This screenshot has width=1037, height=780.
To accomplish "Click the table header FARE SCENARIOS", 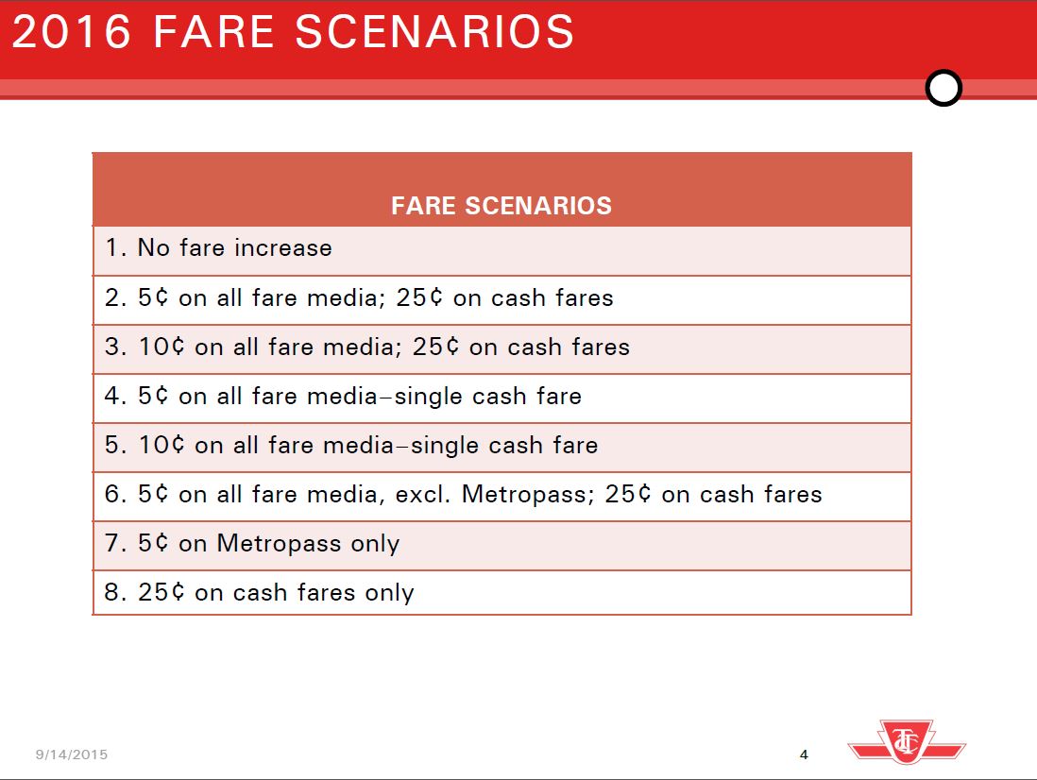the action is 501,206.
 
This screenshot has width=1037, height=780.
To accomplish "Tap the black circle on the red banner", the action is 943,88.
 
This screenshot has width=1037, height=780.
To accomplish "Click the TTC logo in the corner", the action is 907,741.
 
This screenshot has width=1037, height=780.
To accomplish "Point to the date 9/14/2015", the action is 72,755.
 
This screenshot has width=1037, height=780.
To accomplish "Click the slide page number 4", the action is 804,755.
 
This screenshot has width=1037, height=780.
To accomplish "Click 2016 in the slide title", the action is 72,32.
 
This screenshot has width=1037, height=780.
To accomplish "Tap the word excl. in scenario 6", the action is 422,495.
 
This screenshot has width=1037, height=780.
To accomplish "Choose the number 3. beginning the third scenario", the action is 116,348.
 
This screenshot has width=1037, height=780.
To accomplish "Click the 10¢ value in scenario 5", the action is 161,445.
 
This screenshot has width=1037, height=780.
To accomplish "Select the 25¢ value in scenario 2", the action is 419,298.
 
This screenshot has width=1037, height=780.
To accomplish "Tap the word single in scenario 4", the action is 428,397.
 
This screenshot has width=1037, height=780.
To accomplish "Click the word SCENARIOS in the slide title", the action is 434,32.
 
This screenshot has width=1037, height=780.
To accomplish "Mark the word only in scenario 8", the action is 389,593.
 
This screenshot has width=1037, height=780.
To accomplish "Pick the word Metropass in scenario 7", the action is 280,544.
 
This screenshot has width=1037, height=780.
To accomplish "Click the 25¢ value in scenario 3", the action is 435,348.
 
